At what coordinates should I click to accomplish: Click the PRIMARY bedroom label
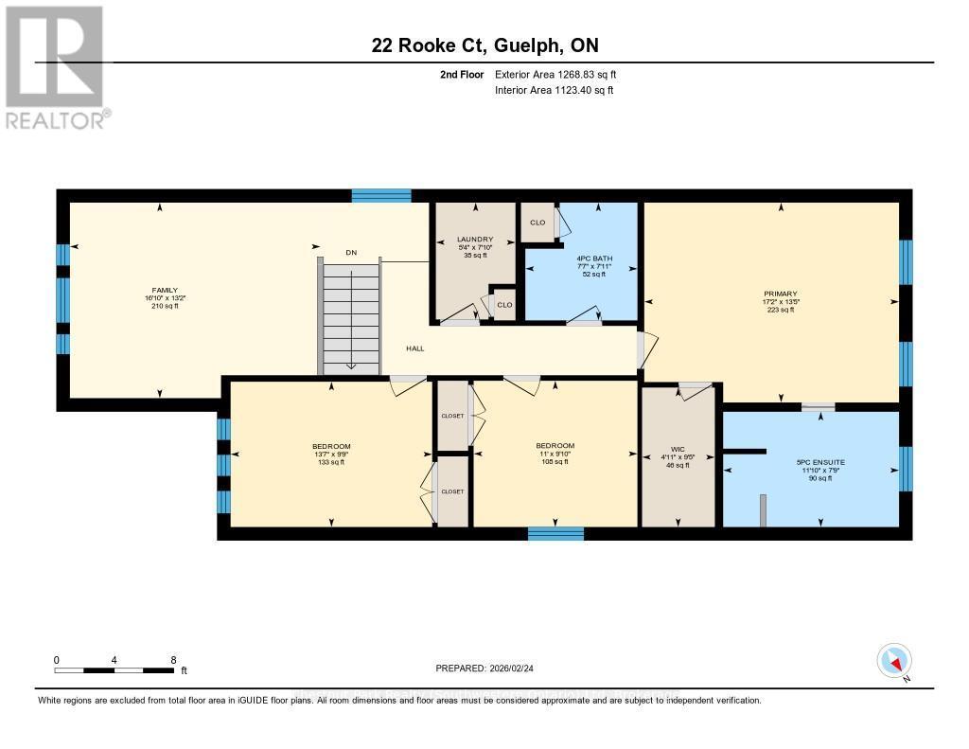(781, 294)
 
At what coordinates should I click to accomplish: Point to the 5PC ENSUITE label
(820, 462)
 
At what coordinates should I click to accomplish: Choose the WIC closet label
(677, 450)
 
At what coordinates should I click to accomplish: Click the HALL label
(414, 348)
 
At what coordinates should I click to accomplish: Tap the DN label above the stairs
(350, 252)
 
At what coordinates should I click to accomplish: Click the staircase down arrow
(350, 365)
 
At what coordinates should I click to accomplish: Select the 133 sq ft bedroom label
(331, 447)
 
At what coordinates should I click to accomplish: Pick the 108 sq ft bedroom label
(555, 446)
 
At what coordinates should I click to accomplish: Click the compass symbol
(894, 660)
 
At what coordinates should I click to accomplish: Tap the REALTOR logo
(56, 66)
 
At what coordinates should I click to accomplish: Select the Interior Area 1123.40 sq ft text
(554, 90)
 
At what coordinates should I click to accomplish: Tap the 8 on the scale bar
(173, 660)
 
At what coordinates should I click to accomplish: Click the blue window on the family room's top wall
(381, 196)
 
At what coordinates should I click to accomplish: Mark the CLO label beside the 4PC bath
(537, 223)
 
